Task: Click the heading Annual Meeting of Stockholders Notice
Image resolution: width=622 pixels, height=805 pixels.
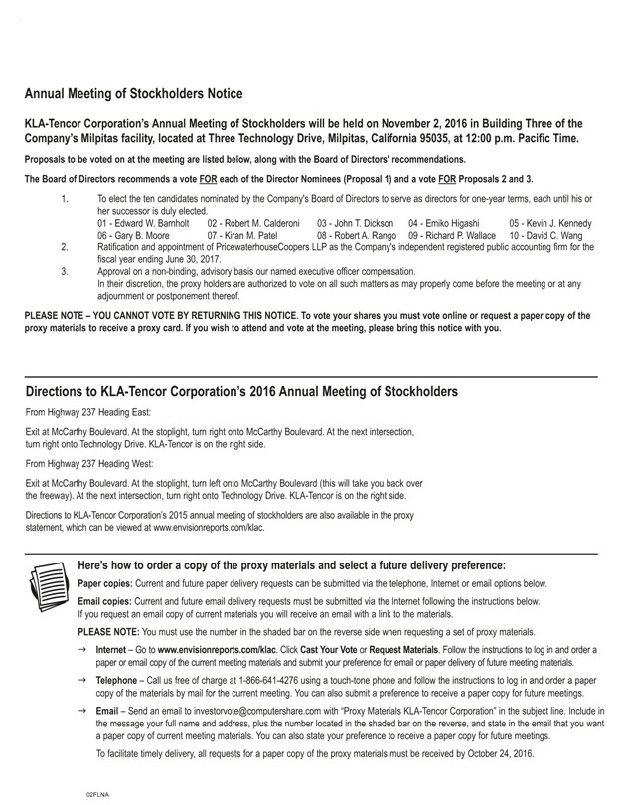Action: click(x=133, y=94)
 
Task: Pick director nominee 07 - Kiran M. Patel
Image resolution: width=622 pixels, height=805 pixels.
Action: click(x=241, y=235)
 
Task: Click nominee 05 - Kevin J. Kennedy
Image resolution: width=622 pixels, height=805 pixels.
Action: click(x=549, y=223)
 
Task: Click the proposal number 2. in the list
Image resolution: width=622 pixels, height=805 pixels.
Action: click(x=65, y=246)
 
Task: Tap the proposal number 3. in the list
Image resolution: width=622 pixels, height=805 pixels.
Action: click(x=65, y=270)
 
